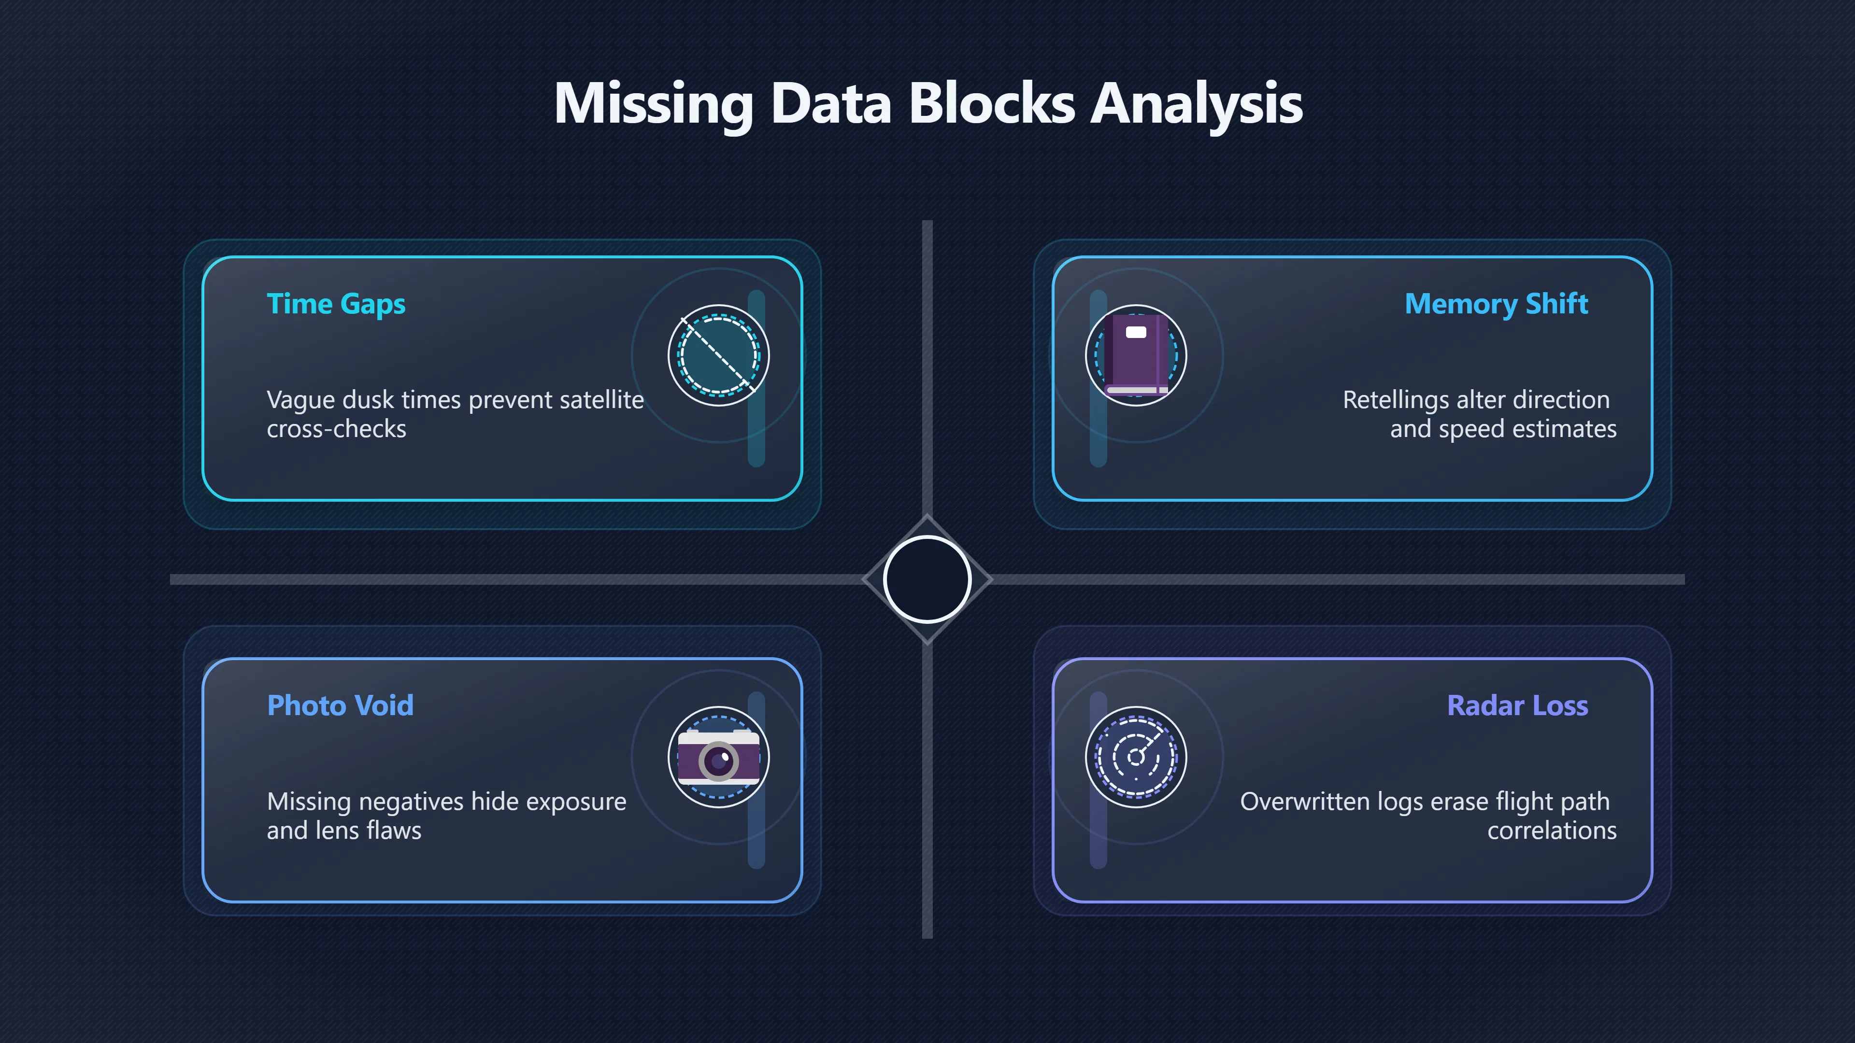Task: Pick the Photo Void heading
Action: coord(340,705)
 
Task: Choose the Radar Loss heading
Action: coord(1517,705)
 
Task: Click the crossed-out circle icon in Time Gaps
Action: coord(719,355)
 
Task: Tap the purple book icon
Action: coord(1136,355)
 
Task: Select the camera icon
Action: coord(719,757)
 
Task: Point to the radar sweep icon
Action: coord(1136,757)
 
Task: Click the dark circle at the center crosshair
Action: coord(927,579)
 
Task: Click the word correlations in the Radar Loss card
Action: coord(1552,831)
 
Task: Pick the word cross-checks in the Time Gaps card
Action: coord(336,429)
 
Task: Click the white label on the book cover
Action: coord(1136,332)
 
